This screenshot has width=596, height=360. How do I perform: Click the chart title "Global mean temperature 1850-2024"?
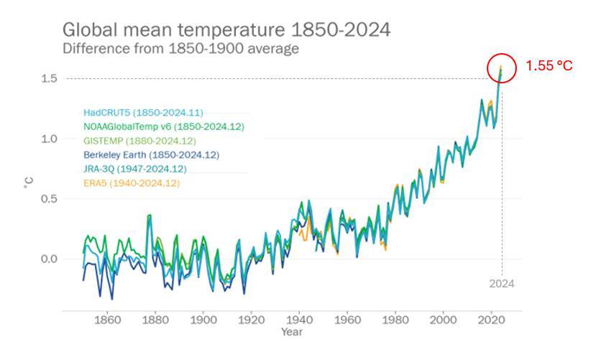click(226, 31)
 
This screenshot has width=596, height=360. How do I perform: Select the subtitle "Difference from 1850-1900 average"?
click(180, 50)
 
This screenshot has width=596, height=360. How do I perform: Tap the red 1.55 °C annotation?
click(549, 65)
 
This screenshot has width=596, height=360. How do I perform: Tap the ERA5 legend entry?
click(132, 183)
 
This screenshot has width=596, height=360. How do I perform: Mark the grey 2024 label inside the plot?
click(501, 284)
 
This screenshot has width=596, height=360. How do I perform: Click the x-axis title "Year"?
click(292, 333)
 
